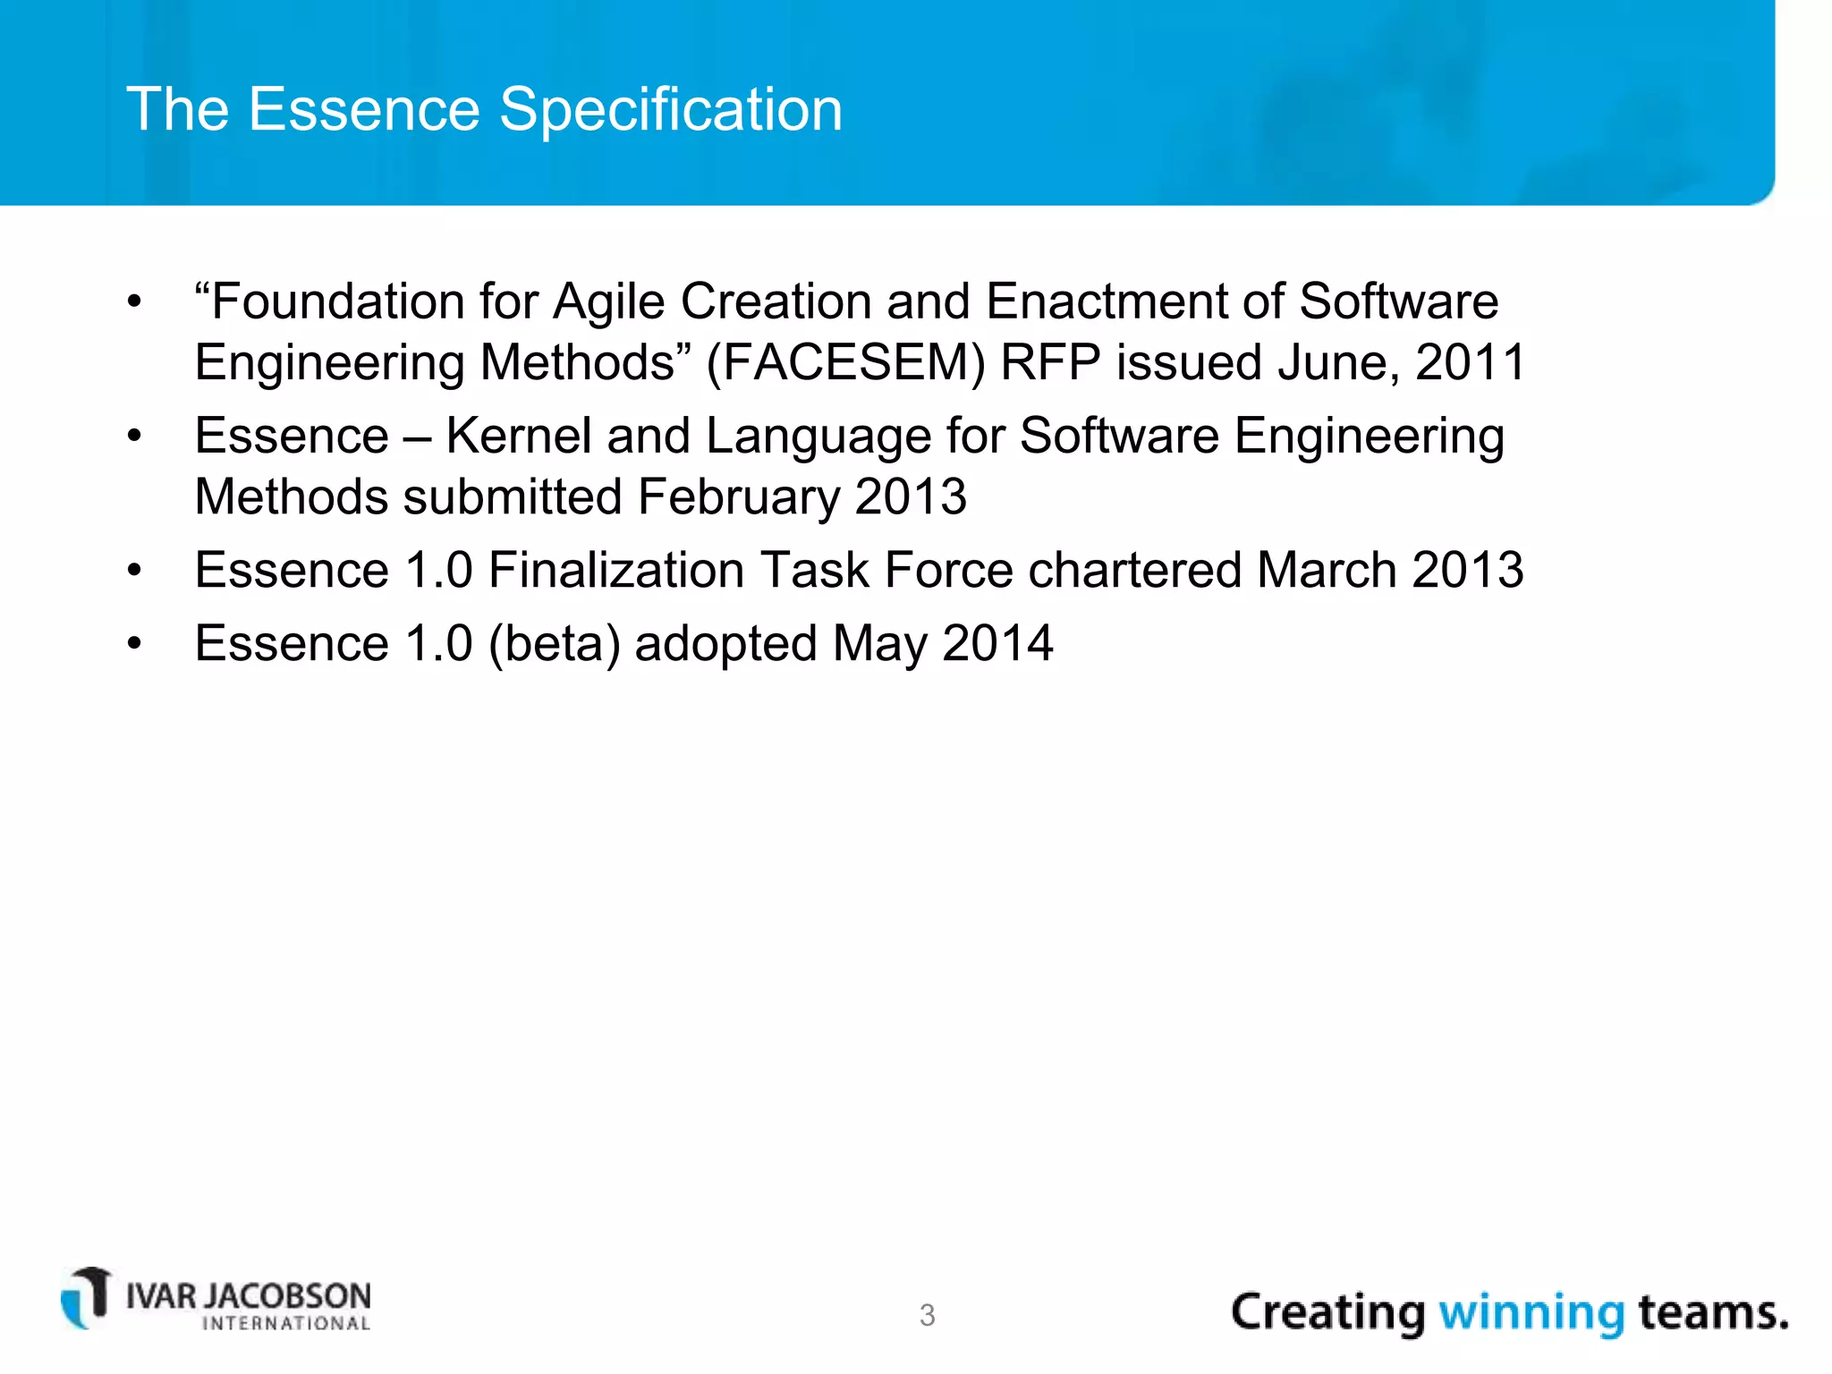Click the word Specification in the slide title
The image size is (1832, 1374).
[x=670, y=110]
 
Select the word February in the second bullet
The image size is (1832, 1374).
[x=738, y=497]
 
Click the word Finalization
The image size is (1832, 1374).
[x=615, y=571]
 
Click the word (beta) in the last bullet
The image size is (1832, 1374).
[x=554, y=644]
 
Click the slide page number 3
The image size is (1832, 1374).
[x=927, y=1315]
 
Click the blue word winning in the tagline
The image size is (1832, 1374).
[x=1531, y=1312]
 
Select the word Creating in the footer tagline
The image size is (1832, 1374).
[x=1327, y=1312]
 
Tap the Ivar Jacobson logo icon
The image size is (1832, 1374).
[x=86, y=1297]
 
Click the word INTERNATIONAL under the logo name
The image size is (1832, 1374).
[x=286, y=1324]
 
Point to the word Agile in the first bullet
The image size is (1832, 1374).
[x=608, y=302]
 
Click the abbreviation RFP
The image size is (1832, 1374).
[x=1049, y=363]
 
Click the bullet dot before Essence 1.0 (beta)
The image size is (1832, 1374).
[x=134, y=644]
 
